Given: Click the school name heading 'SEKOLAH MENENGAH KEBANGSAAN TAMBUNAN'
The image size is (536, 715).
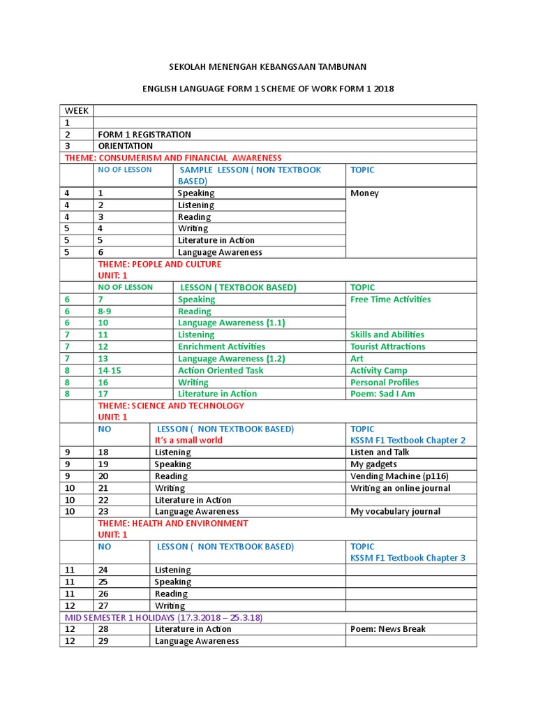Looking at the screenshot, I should click(268, 66).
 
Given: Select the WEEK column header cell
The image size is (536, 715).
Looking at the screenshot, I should click(77, 111).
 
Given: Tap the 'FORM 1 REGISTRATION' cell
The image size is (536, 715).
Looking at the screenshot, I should click(144, 135).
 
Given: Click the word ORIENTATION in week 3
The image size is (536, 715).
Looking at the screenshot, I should click(126, 146).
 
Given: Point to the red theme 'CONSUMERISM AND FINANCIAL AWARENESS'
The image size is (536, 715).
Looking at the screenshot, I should click(172, 158).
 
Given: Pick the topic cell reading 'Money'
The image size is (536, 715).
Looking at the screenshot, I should click(364, 193).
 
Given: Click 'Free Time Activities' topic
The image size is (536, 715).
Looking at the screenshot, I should click(390, 300).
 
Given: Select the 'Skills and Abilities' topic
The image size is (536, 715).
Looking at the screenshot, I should click(387, 334).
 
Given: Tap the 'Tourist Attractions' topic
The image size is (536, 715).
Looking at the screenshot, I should click(387, 346).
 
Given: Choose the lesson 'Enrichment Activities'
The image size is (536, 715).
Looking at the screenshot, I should click(221, 346).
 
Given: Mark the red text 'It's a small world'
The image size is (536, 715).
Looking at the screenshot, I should click(188, 441).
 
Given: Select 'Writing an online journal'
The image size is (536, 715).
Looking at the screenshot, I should click(400, 488).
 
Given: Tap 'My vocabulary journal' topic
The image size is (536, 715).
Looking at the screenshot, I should click(395, 512).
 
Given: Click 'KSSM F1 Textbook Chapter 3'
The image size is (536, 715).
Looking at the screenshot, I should click(408, 558).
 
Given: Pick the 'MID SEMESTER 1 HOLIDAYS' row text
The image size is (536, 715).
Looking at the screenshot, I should click(163, 618).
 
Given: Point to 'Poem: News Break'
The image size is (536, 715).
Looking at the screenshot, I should click(387, 629).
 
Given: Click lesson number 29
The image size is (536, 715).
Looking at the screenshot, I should click(103, 641).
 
